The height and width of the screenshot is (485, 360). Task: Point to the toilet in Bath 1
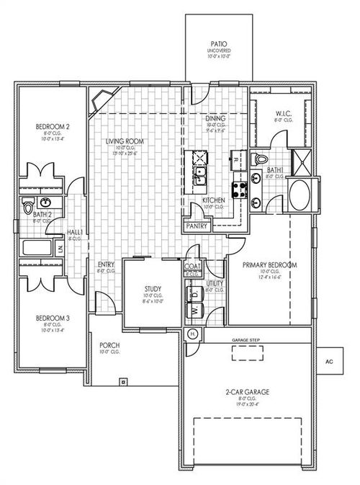261,159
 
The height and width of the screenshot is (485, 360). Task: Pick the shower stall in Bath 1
301,161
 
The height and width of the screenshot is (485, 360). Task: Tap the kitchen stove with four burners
243,189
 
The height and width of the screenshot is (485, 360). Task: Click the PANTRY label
197,226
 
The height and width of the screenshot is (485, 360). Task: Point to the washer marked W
194,311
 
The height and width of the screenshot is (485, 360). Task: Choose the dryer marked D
194,294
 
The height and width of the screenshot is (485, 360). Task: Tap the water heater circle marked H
192,334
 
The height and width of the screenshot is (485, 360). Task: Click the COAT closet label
192,267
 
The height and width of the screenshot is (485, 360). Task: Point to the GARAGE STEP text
246,339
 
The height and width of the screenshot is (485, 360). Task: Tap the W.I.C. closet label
283,113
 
